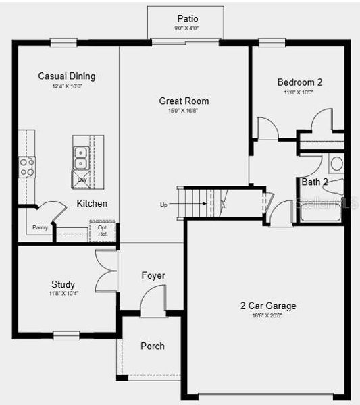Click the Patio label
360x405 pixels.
pos(188,18)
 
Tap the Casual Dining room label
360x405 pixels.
pos(66,76)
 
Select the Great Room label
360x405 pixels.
pos(178,101)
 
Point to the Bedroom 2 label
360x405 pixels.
pos(299,82)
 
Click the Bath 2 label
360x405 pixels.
pos(314,182)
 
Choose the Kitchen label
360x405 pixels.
pos(92,203)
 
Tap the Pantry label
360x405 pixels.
pos(41,227)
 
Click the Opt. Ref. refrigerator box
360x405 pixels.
pos(103,231)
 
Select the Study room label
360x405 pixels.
pos(63,284)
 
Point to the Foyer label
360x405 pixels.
pos(153,275)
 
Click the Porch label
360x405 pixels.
pos(152,346)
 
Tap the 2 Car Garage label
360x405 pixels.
pos(268,306)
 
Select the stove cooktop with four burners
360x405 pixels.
pos(26,167)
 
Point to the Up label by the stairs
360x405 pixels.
pos(163,204)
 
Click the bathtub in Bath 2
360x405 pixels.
pos(321,213)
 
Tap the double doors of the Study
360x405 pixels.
pos(106,271)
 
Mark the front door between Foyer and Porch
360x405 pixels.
pos(154,301)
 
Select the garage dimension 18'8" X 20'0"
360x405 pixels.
pos(268,315)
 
